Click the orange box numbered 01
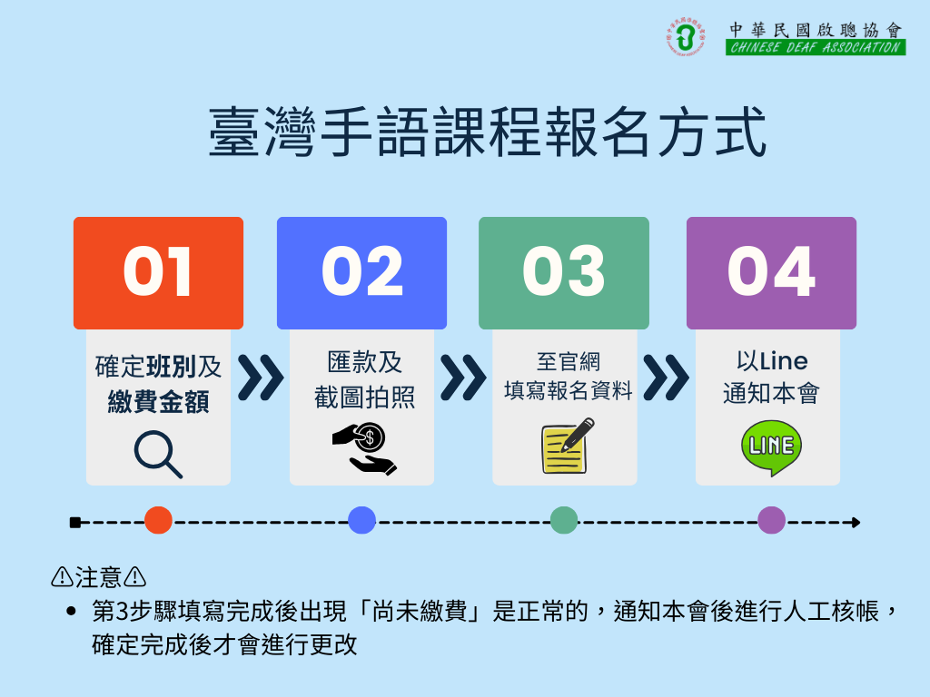pos(158,272)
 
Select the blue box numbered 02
pos(361,272)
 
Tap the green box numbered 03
pos(564,272)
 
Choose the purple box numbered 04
pos(772,272)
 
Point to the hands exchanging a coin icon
pos(365,448)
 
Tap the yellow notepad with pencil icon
pos(568,446)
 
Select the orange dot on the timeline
pos(158,520)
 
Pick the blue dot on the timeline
pos(361,520)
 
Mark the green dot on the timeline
pos(564,520)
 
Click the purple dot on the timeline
pos(772,520)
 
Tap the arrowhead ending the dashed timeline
pos(856,522)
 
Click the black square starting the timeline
pos(75,522)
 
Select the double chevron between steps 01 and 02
pos(261,378)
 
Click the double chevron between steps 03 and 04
pos(666,378)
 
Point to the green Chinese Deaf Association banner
pos(816,47)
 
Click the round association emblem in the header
pos(686,36)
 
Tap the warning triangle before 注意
pos(63,576)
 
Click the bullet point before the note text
pos(72,611)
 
